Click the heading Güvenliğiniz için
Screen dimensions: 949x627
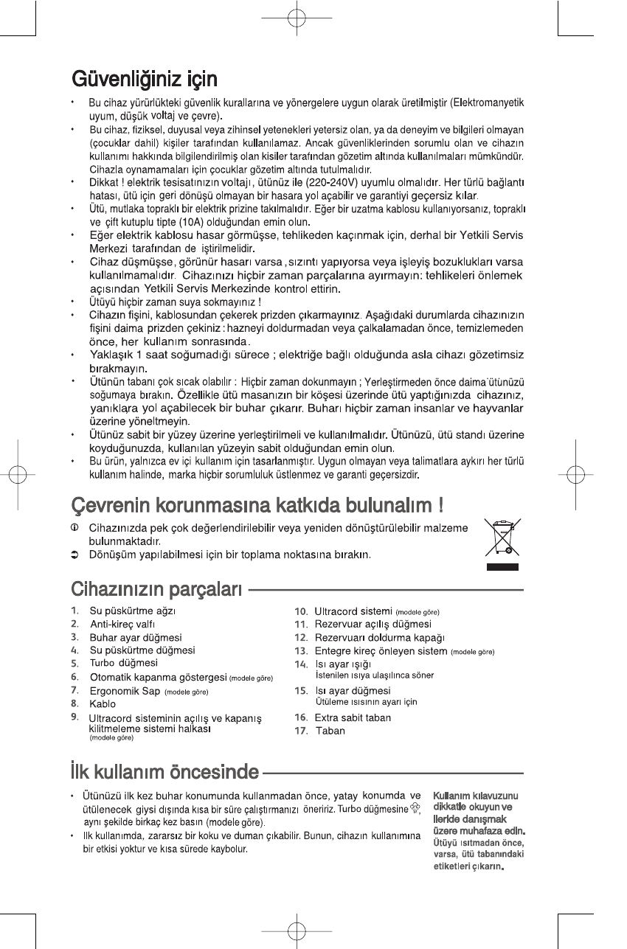144,77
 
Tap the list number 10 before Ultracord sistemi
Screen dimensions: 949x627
301,611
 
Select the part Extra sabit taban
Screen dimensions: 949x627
353,717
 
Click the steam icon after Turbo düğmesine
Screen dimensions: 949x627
415,810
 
